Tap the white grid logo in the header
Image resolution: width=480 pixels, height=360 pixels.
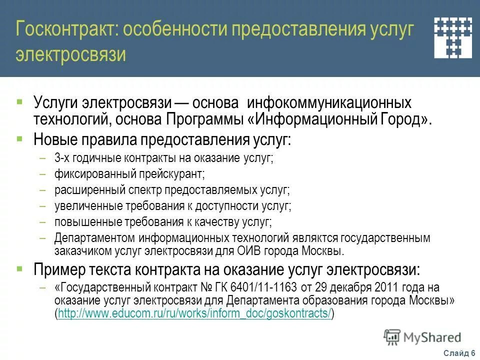point(452,37)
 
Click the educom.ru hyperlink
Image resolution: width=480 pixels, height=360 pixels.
point(194,313)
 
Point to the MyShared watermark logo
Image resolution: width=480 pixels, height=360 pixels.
point(422,337)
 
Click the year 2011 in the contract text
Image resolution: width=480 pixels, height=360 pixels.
point(379,287)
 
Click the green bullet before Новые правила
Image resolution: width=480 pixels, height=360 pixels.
point(19,136)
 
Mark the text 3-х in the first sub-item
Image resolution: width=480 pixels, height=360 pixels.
point(62,159)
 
